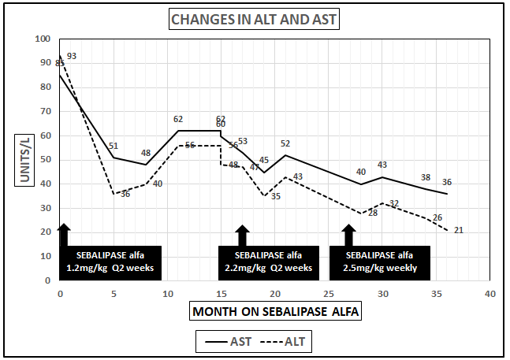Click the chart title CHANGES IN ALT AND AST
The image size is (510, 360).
click(x=255, y=20)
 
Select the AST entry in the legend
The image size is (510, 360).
click(x=233, y=341)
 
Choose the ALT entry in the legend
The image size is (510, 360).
click(x=289, y=341)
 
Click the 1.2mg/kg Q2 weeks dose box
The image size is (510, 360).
click(x=110, y=262)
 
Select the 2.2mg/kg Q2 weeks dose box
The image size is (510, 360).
click(x=268, y=262)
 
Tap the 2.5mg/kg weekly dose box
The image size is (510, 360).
click(x=380, y=262)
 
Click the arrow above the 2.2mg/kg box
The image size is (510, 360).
click(x=243, y=234)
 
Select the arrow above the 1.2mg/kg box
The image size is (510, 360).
click(x=64, y=234)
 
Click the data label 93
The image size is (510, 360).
click(x=72, y=56)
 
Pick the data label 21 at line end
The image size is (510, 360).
click(x=458, y=230)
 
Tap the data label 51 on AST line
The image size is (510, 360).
click(x=114, y=146)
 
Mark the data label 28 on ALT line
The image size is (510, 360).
click(x=373, y=213)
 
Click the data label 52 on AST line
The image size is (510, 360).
click(x=285, y=143)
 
